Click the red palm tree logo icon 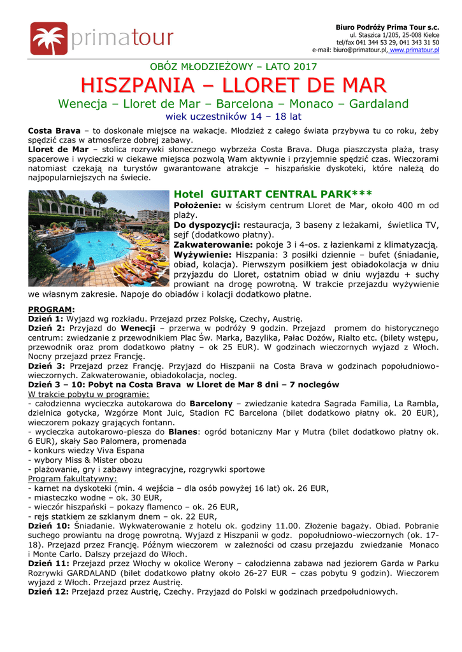(48, 39)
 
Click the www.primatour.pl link (414, 50)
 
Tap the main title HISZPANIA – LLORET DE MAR (233, 85)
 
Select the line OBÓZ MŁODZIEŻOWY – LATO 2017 (233, 66)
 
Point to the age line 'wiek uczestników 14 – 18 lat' (233, 117)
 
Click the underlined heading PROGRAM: (52, 309)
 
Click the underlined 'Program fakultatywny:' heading (73, 478)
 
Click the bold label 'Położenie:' (197, 206)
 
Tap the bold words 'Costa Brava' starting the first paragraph (54, 131)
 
